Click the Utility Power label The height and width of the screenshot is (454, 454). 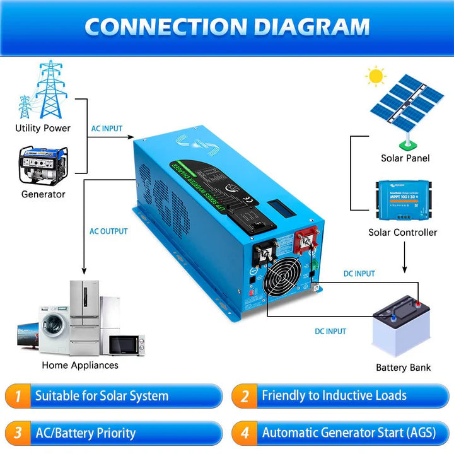pos(43,128)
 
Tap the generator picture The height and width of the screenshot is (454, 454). pos(44,165)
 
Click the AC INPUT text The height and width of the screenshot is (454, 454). pos(107,128)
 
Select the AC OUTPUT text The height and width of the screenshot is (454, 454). pos(108,231)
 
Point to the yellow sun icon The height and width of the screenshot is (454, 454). pos(376,77)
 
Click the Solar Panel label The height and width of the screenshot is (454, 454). pos(405,158)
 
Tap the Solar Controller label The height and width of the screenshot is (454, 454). pos(402,232)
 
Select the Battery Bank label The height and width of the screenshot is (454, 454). pos(403,367)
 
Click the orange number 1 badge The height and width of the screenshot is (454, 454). pos(18,397)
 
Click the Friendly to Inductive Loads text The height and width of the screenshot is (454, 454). pos(334,396)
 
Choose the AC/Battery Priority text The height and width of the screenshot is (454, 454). pos(85,433)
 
